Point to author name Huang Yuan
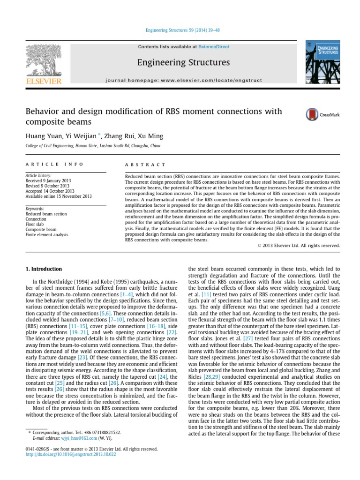coord(43,136)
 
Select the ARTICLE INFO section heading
coord(54,165)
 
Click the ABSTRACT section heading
coord(145,165)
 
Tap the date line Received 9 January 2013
coord(50,181)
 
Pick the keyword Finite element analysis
coord(47,234)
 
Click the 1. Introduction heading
coord(43,269)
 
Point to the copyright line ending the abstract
coord(299,245)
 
